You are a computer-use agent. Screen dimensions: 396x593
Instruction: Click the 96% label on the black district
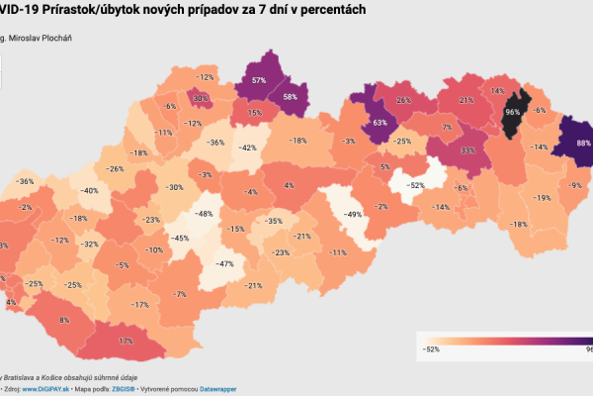(512, 112)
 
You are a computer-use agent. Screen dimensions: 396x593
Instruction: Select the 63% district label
(379, 124)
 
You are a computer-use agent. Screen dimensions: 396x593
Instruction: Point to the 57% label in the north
(259, 80)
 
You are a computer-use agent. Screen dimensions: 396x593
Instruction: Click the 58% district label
(290, 97)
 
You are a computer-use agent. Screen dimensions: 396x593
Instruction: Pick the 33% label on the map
(467, 150)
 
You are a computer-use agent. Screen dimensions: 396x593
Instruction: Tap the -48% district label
(205, 214)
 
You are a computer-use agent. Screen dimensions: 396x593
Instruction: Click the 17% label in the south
(126, 341)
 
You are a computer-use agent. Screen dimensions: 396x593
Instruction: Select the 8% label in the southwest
(64, 320)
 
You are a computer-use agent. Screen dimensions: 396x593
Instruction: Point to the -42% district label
(247, 148)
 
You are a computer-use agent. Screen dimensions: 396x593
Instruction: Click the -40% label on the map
(89, 190)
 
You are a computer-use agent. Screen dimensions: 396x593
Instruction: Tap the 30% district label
(201, 98)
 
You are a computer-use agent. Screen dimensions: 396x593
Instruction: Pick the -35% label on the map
(275, 222)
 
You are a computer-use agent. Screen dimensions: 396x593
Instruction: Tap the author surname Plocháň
(54, 38)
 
